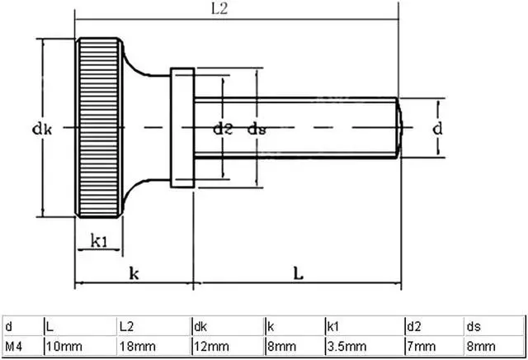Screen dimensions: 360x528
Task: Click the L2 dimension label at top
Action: (219, 9)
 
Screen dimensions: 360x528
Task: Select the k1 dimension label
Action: (100, 241)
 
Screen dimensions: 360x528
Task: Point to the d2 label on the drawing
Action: (223, 128)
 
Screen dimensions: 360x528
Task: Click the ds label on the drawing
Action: (258, 128)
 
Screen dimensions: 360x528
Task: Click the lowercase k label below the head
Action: (134, 273)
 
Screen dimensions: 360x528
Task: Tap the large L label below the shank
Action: (299, 272)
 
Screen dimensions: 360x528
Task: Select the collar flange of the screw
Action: (182, 128)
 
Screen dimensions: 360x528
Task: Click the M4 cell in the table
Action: (14, 345)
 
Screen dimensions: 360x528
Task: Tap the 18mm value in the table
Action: (135, 345)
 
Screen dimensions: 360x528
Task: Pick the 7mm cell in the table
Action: (422, 345)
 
